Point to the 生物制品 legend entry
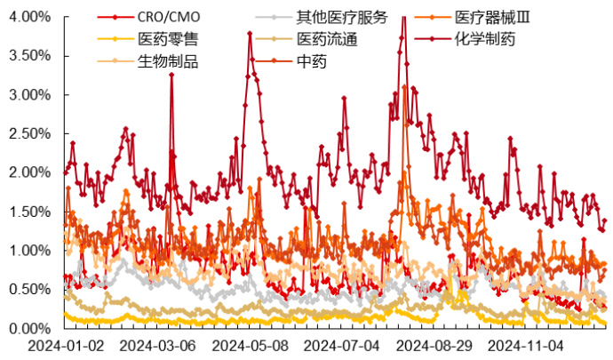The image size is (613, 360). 168,61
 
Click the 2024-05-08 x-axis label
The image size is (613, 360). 250,344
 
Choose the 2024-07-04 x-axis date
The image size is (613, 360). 343,344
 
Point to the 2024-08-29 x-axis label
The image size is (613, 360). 436,344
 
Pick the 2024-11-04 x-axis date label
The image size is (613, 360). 529,344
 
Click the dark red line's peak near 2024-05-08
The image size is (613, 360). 250,34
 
